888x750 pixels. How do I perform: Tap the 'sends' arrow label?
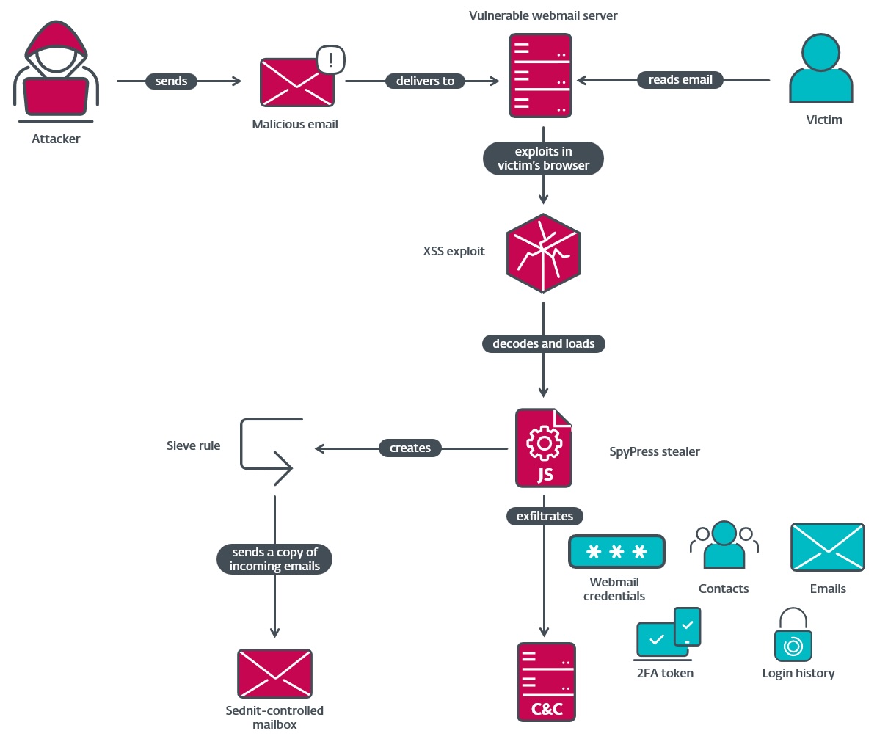(x=171, y=81)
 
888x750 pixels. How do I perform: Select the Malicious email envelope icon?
(x=296, y=82)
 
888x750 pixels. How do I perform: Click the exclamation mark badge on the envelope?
(x=331, y=60)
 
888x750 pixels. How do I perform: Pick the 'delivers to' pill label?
(x=425, y=81)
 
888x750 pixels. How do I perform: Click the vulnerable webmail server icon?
(x=540, y=76)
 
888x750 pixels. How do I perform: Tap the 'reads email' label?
(x=680, y=80)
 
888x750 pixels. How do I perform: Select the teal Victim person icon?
(x=820, y=69)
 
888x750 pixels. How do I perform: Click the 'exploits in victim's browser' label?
(x=543, y=159)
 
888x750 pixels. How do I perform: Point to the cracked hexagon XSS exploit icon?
(x=543, y=253)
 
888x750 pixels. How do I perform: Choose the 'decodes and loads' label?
(x=543, y=343)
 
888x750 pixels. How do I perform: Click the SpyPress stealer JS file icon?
(x=543, y=448)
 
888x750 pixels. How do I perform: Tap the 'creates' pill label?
(x=410, y=448)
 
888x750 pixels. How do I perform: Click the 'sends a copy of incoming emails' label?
(x=274, y=559)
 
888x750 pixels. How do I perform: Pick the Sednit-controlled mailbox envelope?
(x=274, y=673)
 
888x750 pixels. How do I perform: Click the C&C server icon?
(x=546, y=682)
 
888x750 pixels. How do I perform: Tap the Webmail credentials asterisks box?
(x=616, y=551)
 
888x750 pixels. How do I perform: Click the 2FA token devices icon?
(x=667, y=633)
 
